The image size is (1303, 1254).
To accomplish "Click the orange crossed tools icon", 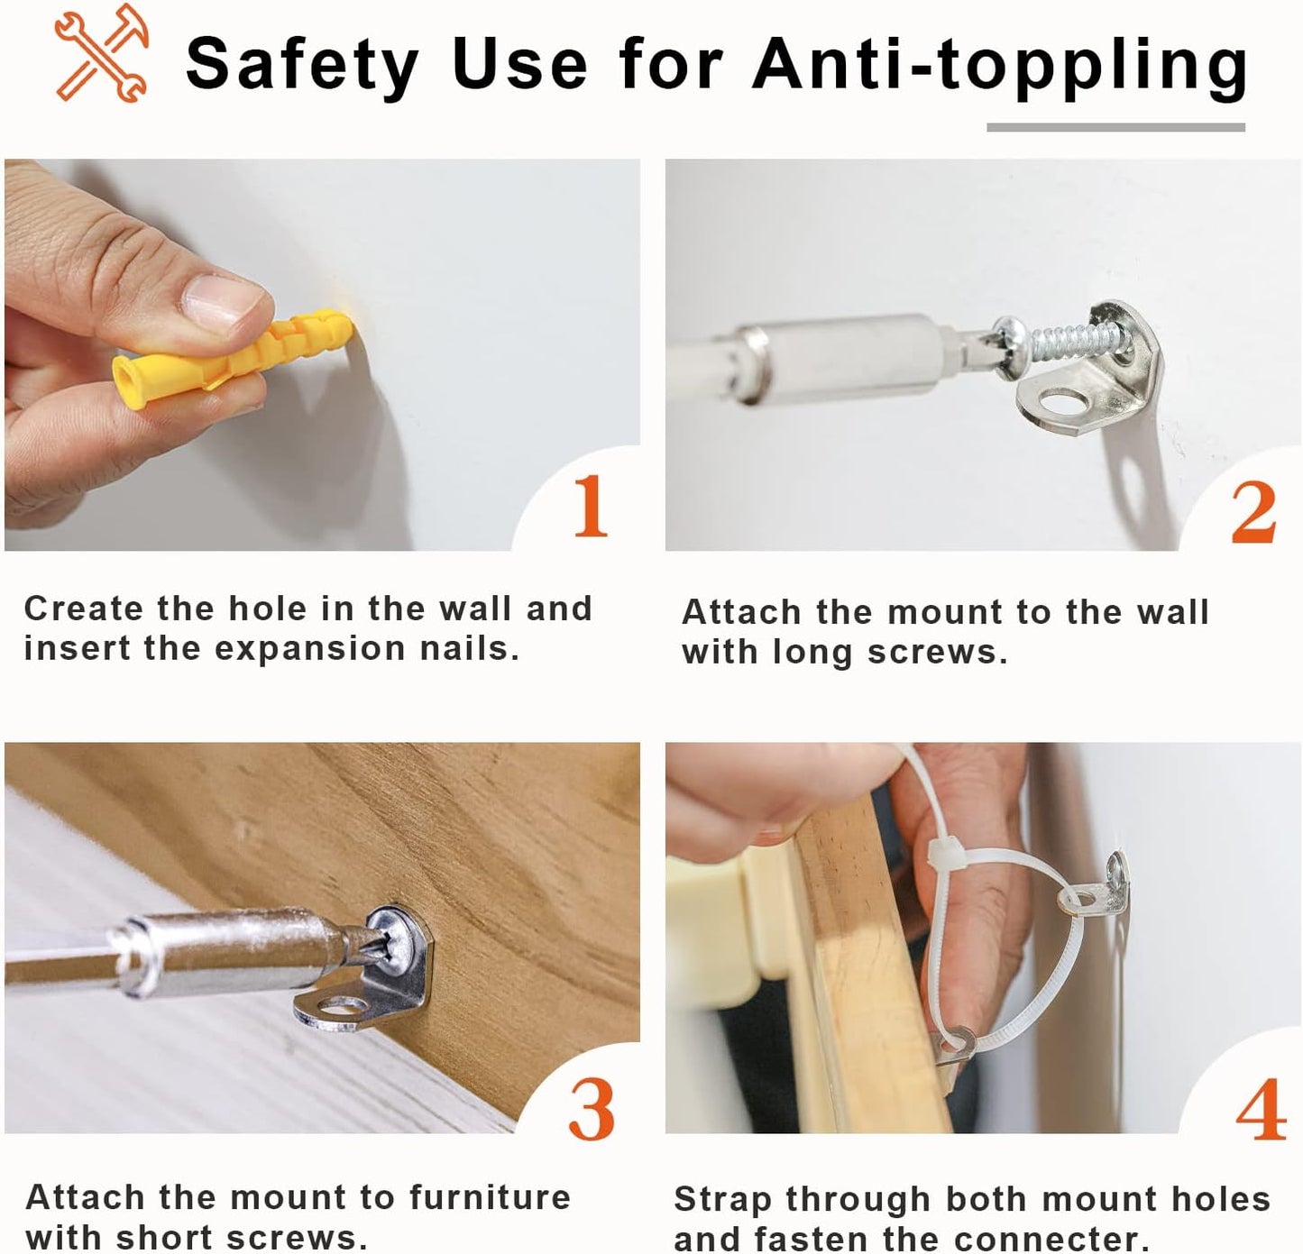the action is pyautogui.click(x=101, y=53).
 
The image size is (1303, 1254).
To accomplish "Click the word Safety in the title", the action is pyautogui.click(x=302, y=66).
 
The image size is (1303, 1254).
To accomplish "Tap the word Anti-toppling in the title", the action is pyautogui.click(x=1000, y=66).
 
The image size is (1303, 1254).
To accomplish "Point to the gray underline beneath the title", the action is pyautogui.click(x=1115, y=127).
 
